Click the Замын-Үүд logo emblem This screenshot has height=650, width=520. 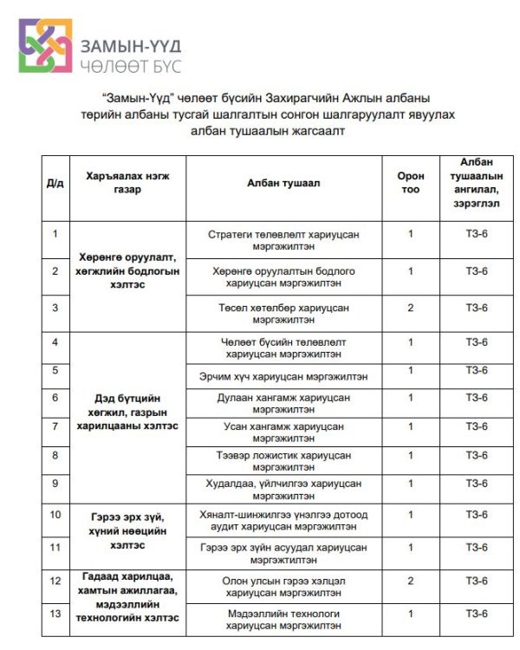coord(46,46)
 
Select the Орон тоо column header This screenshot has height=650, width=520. coord(411,183)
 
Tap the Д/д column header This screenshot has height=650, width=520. coord(55,183)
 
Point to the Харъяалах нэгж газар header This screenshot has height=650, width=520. coord(127,183)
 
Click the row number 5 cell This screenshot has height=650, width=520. coord(55,370)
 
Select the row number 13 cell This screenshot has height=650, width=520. coord(55,614)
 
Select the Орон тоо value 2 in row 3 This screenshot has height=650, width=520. coord(411,308)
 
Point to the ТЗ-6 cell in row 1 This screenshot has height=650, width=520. coord(477,234)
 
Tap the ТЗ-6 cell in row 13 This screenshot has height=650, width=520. coord(477,614)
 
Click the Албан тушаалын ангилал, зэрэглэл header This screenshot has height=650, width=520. coord(477,183)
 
